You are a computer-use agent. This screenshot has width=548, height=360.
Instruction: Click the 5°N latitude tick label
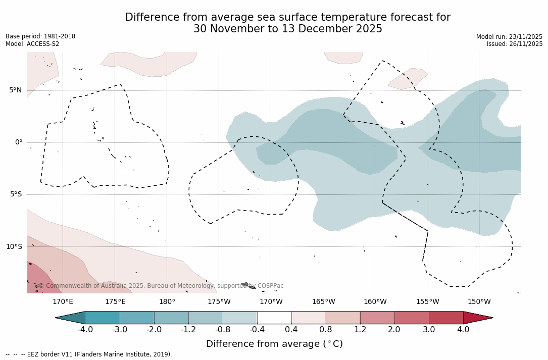pos(15,90)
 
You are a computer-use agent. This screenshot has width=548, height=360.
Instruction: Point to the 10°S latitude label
pos(14,247)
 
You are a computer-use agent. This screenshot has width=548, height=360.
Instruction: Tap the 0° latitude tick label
pos(18,142)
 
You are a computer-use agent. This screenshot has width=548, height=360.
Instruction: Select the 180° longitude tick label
pos(167,302)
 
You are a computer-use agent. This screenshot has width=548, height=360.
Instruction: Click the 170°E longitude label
pos(63,302)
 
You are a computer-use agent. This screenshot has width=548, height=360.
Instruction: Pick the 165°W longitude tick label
pos(323,302)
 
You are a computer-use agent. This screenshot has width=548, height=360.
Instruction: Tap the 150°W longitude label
pos(479,302)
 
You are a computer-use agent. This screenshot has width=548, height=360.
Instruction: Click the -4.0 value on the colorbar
pos(85,330)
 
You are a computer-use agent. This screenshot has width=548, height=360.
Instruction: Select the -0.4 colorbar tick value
pos(257,330)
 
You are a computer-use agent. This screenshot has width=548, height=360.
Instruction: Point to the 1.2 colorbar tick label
pos(360,330)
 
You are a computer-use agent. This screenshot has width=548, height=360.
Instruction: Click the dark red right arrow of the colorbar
pos(477,318)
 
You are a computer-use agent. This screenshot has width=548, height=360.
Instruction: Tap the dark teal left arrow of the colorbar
pos(71,318)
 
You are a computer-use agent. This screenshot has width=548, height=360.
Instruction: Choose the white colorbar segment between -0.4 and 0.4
pos(274,318)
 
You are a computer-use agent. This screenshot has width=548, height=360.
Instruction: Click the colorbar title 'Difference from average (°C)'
pos(274,344)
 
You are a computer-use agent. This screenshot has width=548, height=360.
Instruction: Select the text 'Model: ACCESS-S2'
pos(32,44)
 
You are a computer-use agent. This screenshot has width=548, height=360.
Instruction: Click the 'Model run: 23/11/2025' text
pos(509,37)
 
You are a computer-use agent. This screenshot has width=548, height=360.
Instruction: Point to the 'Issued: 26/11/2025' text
pos(515,44)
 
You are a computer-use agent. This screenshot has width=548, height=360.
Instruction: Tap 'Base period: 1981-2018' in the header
pos(40,36)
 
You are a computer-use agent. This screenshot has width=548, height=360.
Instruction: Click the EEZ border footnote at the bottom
pos(89,354)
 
